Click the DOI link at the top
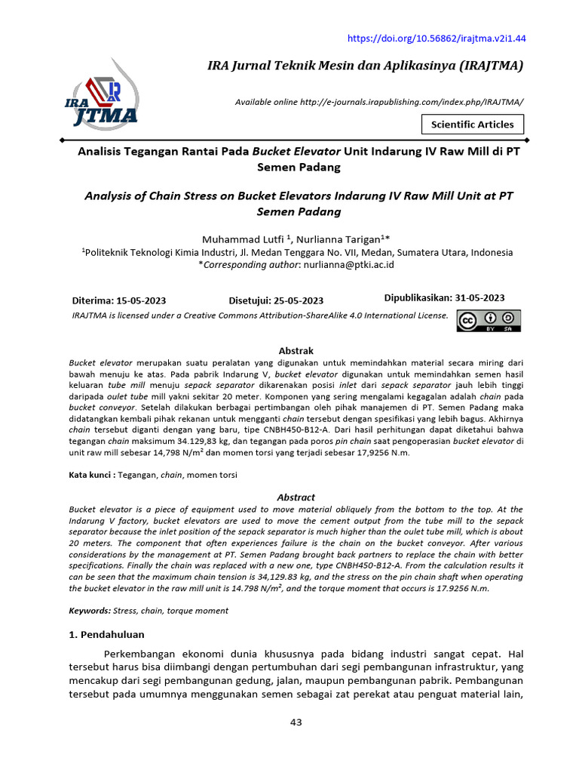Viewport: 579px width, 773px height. pos(436,38)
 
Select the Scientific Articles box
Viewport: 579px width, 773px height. pos(472,125)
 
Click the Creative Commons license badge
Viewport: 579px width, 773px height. pos(488,321)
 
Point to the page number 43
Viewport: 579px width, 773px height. pos(296,722)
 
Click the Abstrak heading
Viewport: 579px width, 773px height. pos(296,351)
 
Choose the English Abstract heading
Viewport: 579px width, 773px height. pos(296,497)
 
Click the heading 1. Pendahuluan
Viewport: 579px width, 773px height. pos(106,634)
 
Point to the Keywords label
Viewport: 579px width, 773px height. pos(89,610)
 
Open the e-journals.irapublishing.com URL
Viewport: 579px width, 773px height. pos(400,102)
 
